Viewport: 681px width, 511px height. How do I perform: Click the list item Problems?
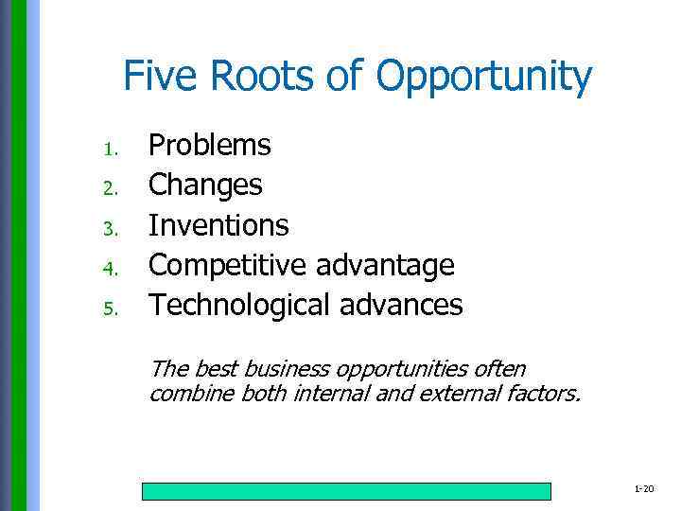tap(210, 145)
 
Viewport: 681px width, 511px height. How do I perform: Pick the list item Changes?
tap(206, 185)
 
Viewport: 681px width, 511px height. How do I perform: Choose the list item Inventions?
tap(219, 225)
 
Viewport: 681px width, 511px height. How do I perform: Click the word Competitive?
tap(228, 266)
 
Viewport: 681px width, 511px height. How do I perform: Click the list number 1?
tap(111, 150)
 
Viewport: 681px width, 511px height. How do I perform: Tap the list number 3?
tap(111, 229)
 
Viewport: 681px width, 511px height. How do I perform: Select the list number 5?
tap(111, 308)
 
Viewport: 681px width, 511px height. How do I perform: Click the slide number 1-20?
tap(643, 488)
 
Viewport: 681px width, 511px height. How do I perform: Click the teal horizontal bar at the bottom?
tap(346, 491)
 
